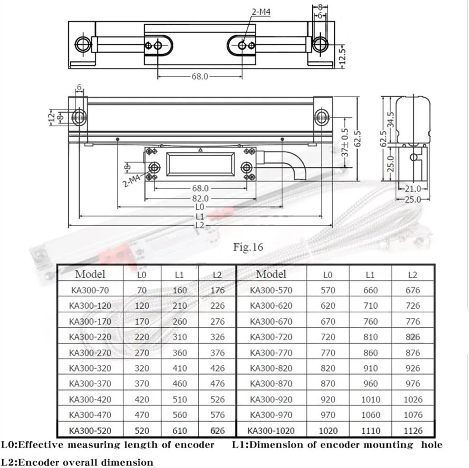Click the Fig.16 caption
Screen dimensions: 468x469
click(248, 247)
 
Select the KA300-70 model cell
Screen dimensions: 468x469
click(90, 290)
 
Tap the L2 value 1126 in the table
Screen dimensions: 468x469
click(413, 431)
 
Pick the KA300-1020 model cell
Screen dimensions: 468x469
click(271, 431)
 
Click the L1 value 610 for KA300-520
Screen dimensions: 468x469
click(180, 431)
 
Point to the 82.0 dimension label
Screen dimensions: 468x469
click(200, 199)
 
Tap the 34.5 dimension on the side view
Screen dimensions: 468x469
click(391, 119)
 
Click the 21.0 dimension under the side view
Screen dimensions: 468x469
click(413, 189)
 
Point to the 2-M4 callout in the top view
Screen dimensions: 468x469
click(261, 12)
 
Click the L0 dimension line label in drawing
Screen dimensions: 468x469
click(200, 207)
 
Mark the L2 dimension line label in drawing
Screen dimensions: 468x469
click(200, 225)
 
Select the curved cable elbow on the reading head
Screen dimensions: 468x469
click(294, 163)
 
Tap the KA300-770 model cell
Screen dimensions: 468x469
click(271, 353)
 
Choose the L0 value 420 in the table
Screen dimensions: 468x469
click(142, 399)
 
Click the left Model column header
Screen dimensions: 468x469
click(90, 274)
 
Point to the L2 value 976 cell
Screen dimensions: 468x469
click(413, 384)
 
